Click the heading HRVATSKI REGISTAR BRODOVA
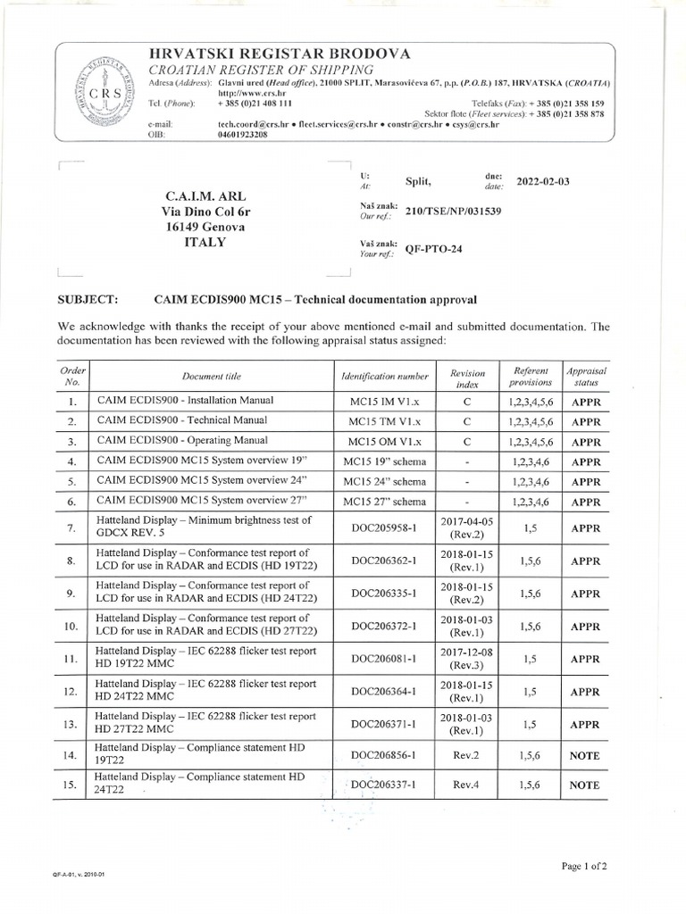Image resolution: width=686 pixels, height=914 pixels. click(280, 54)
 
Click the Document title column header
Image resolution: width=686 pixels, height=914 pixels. click(211, 377)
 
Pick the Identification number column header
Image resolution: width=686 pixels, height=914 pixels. click(385, 377)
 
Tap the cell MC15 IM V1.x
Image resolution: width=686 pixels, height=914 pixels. click(385, 402)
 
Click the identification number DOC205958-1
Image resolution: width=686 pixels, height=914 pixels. click(385, 528)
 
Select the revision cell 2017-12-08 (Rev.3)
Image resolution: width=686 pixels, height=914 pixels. click(467, 658)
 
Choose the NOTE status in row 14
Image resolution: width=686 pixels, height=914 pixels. click(585, 755)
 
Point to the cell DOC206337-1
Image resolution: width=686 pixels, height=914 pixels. click(385, 785)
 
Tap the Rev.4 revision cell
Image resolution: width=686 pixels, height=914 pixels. click(467, 785)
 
